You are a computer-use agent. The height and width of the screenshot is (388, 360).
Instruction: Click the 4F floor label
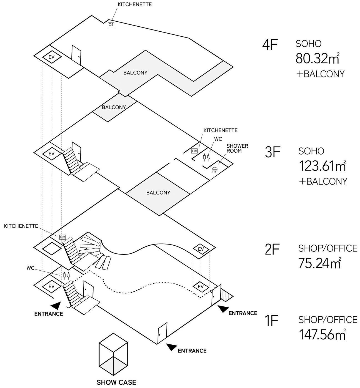click(270, 45)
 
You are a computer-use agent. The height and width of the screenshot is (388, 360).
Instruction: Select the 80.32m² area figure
click(317, 58)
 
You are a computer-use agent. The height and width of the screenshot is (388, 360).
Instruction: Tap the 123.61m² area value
click(322, 166)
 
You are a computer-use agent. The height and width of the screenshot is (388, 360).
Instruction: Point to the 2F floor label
click(271, 249)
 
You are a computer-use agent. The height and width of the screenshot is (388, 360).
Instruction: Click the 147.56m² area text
click(322, 334)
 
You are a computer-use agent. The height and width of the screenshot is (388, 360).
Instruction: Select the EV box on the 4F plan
click(51, 57)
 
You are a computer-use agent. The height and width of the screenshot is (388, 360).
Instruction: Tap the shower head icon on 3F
click(215, 169)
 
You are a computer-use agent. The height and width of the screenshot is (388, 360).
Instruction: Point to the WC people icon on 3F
click(206, 157)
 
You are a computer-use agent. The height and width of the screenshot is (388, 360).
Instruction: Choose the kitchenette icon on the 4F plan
click(111, 25)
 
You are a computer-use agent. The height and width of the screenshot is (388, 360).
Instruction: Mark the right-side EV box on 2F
click(201, 249)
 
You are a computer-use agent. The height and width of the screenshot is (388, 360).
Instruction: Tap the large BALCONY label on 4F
click(135, 73)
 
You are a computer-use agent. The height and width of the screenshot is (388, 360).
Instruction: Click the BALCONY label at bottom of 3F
click(158, 193)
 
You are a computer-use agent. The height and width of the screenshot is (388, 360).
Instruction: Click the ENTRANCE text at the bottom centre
click(192, 351)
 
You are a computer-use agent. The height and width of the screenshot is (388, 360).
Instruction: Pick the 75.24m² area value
click(319, 263)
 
